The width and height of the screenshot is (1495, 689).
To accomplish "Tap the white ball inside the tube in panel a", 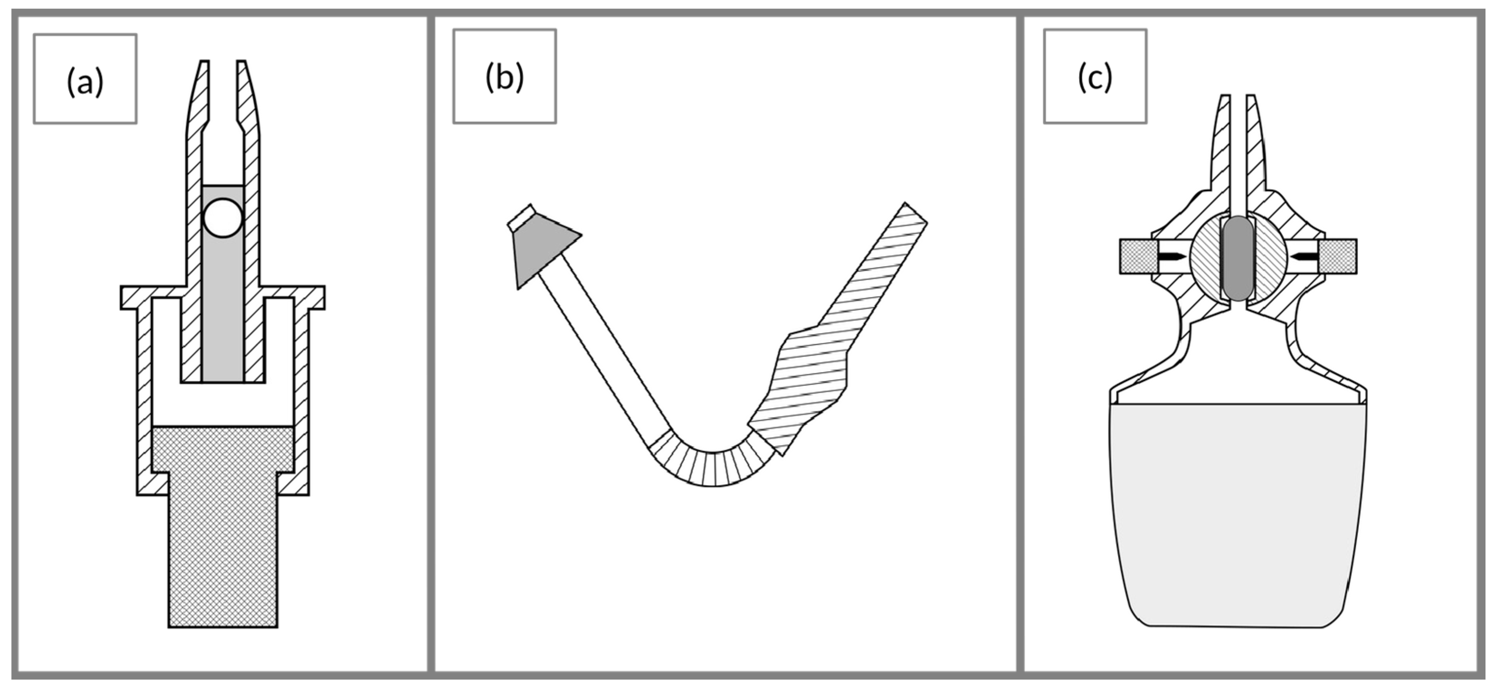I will click(223, 218).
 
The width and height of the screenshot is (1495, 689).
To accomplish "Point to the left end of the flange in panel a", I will click(129, 297).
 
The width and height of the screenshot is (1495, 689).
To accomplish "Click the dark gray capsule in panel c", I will click(1237, 258).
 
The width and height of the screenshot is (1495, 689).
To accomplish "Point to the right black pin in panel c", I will click(1306, 256).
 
